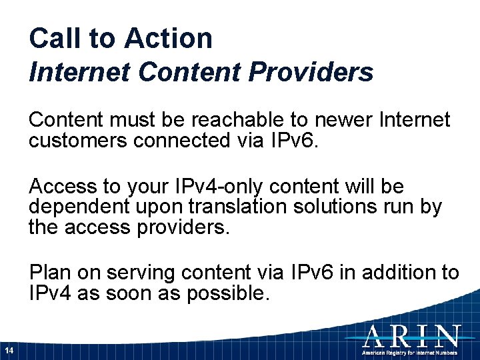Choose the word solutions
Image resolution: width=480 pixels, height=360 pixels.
341,207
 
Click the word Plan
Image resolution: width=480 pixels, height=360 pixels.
50,273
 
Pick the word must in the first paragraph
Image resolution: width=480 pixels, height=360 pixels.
139,120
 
